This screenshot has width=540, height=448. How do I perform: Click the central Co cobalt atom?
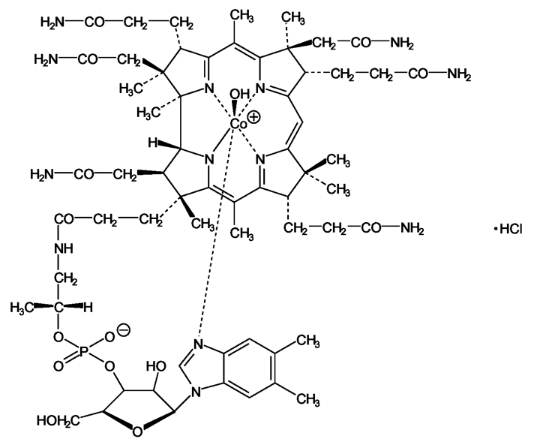pyautogui.click(x=238, y=124)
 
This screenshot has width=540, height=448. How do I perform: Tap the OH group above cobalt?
pyautogui.click(x=239, y=94)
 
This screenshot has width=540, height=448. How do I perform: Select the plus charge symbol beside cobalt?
pyautogui.click(x=254, y=117)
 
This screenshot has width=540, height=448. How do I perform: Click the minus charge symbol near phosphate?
pyautogui.click(x=124, y=330)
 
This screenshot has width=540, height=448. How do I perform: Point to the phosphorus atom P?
pyautogui.click(x=83, y=351)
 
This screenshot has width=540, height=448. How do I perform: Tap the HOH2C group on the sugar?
pyautogui.click(x=58, y=420)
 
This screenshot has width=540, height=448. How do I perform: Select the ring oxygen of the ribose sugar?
pyautogui.click(x=137, y=431)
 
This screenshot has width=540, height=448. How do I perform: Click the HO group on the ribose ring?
pyautogui.click(x=156, y=366)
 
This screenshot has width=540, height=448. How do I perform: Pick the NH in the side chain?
pyautogui.click(x=64, y=248)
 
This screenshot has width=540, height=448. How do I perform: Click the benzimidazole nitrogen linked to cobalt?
pyautogui.click(x=198, y=344)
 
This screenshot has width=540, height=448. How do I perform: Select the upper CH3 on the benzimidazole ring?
pyautogui.click(x=308, y=341)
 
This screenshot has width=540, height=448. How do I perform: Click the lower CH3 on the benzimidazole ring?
pyautogui.click(x=308, y=399)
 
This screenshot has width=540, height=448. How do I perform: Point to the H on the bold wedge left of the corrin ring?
pyautogui.click(x=152, y=143)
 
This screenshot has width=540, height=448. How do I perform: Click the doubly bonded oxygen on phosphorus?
pyautogui.click(x=58, y=366)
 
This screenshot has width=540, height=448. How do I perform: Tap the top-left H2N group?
pyautogui.click(x=52, y=23)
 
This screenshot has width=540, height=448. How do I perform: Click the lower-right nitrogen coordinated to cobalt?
pyautogui.click(x=262, y=160)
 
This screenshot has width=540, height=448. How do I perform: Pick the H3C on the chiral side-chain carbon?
pyautogui.click(x=22, y=307)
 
